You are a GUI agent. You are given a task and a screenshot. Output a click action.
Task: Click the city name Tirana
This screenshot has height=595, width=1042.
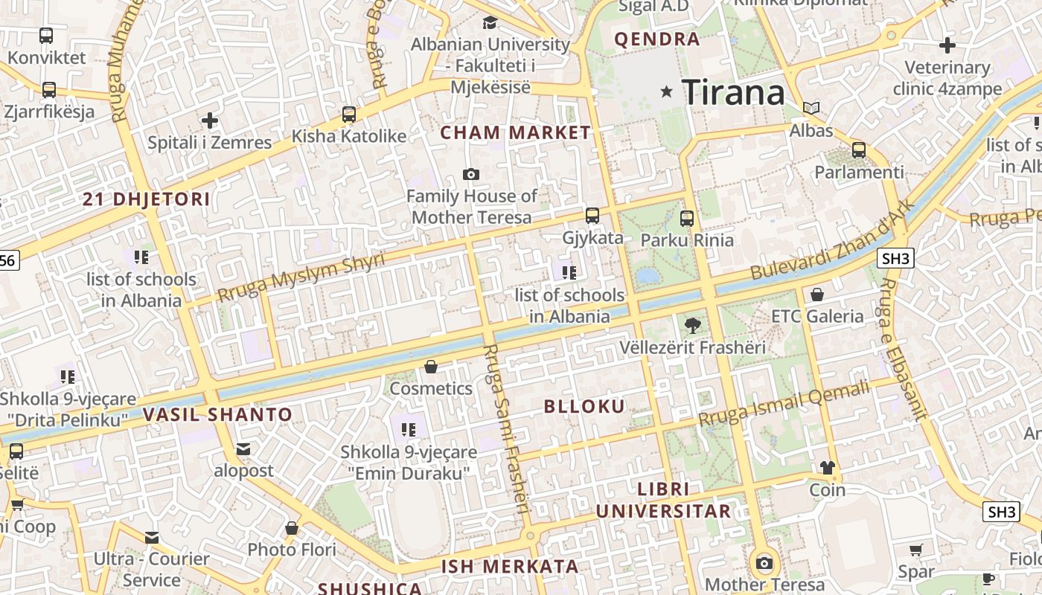pos(733,92)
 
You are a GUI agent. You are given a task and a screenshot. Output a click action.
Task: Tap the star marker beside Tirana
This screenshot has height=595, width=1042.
pos(666,92)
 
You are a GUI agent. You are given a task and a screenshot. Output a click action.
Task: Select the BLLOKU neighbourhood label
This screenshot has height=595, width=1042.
pos(584,406)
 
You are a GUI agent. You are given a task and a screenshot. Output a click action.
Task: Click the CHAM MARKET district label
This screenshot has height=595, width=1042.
pos(516,133)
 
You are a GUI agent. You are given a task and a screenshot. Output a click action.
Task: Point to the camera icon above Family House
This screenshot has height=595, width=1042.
pos(470,175)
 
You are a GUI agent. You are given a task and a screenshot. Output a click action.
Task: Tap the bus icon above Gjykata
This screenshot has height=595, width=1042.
pos(592,216)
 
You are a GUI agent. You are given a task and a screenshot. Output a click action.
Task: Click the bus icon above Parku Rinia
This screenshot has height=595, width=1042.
pos(687,219)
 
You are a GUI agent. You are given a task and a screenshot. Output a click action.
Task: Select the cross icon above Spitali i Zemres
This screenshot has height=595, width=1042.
pos(210,120)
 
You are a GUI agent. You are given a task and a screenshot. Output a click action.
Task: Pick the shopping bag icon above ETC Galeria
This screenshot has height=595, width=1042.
pos(817,295)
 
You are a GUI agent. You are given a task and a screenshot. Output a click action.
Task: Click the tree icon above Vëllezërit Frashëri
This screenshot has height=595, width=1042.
pos(692,325)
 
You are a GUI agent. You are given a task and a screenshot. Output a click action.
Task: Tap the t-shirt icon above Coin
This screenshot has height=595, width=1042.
pos(828,468)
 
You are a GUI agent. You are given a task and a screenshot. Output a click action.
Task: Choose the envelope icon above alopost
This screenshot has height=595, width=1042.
pos(243,448)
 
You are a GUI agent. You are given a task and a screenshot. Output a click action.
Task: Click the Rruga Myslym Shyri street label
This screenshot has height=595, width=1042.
pos(301,277)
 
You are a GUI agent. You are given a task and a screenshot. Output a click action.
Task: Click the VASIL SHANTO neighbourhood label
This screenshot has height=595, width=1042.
pos(217,414)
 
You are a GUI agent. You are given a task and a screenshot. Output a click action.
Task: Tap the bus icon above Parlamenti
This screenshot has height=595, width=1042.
pos(859,150)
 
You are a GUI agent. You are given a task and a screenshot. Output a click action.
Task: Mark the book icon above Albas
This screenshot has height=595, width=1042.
pos(811,109)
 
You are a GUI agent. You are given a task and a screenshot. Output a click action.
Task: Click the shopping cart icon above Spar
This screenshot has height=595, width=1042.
pos(915,550)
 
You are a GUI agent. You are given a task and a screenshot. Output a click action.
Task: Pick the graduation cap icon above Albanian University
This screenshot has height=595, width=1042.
pos(490,22)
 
